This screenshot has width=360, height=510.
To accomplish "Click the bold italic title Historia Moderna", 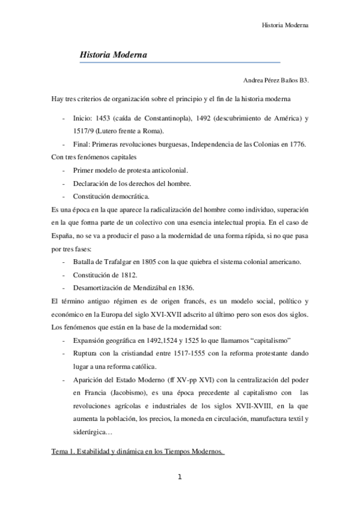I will [x=114, y=55].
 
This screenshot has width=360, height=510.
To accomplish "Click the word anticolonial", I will [x=166, y=170].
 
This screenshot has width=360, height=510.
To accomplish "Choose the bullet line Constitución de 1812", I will [x=104, y=274].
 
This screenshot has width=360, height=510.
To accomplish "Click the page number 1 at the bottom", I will [x=179, y=478].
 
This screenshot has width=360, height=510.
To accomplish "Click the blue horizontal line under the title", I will [x=180, y=62].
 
